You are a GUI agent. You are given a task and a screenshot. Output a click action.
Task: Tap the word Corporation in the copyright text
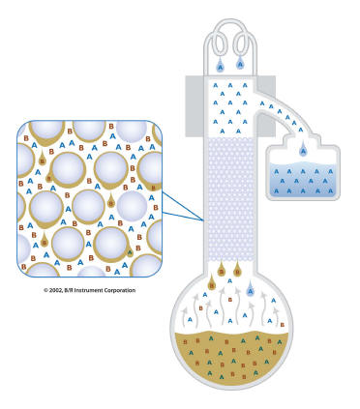pyautogui.click(x=121, y=290)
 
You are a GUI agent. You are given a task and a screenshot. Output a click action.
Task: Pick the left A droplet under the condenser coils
pyautogui.click(x=220, y=66)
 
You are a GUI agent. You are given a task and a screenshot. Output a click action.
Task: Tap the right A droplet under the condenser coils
pyautogui.click(x=240, y=63)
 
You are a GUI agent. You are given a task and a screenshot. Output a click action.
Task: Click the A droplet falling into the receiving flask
pyautogui.click(x=303, y=149)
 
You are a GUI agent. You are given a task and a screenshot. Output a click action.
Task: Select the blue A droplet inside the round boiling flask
pyautogui.click(x=251, y=290)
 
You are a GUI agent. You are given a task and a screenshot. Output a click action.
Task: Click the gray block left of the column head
pyautogui.click(x=195, y=106)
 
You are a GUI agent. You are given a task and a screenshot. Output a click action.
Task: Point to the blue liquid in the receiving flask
pyautogui.click(x=303, y=178)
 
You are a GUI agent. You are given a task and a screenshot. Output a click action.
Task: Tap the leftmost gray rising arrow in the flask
pyautogui.click(x=185, y=315)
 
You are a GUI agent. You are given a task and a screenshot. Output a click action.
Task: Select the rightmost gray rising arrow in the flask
pyautogui.click(x=275, y=316)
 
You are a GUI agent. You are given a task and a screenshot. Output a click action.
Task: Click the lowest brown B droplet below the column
pyautogui.click(x=212, y=283)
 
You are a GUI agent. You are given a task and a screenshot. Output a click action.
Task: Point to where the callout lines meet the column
pyautogui.click(x=204, y=220)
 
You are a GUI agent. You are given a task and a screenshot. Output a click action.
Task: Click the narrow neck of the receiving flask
pyautogui.click(x=302, y=140)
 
